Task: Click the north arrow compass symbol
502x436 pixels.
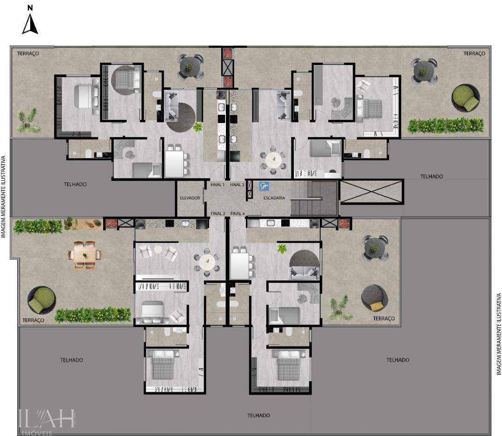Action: point(30,24)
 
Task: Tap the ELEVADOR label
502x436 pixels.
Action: point(190,198)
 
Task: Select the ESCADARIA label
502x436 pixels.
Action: point(274,198)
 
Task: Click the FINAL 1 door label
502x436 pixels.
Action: point(218,184)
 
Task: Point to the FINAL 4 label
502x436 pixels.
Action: point(237,214)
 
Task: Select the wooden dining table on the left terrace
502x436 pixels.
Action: point(85,254)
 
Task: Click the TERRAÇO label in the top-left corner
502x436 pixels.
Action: point(28,53)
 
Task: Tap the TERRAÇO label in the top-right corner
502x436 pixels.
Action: point(474,53)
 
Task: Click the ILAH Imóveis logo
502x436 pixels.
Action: point(46,421)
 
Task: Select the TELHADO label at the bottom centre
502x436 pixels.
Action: point(258,416)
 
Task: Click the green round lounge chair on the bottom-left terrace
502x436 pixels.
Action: point(41,300)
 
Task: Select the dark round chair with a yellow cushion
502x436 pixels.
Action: point(375,298)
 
